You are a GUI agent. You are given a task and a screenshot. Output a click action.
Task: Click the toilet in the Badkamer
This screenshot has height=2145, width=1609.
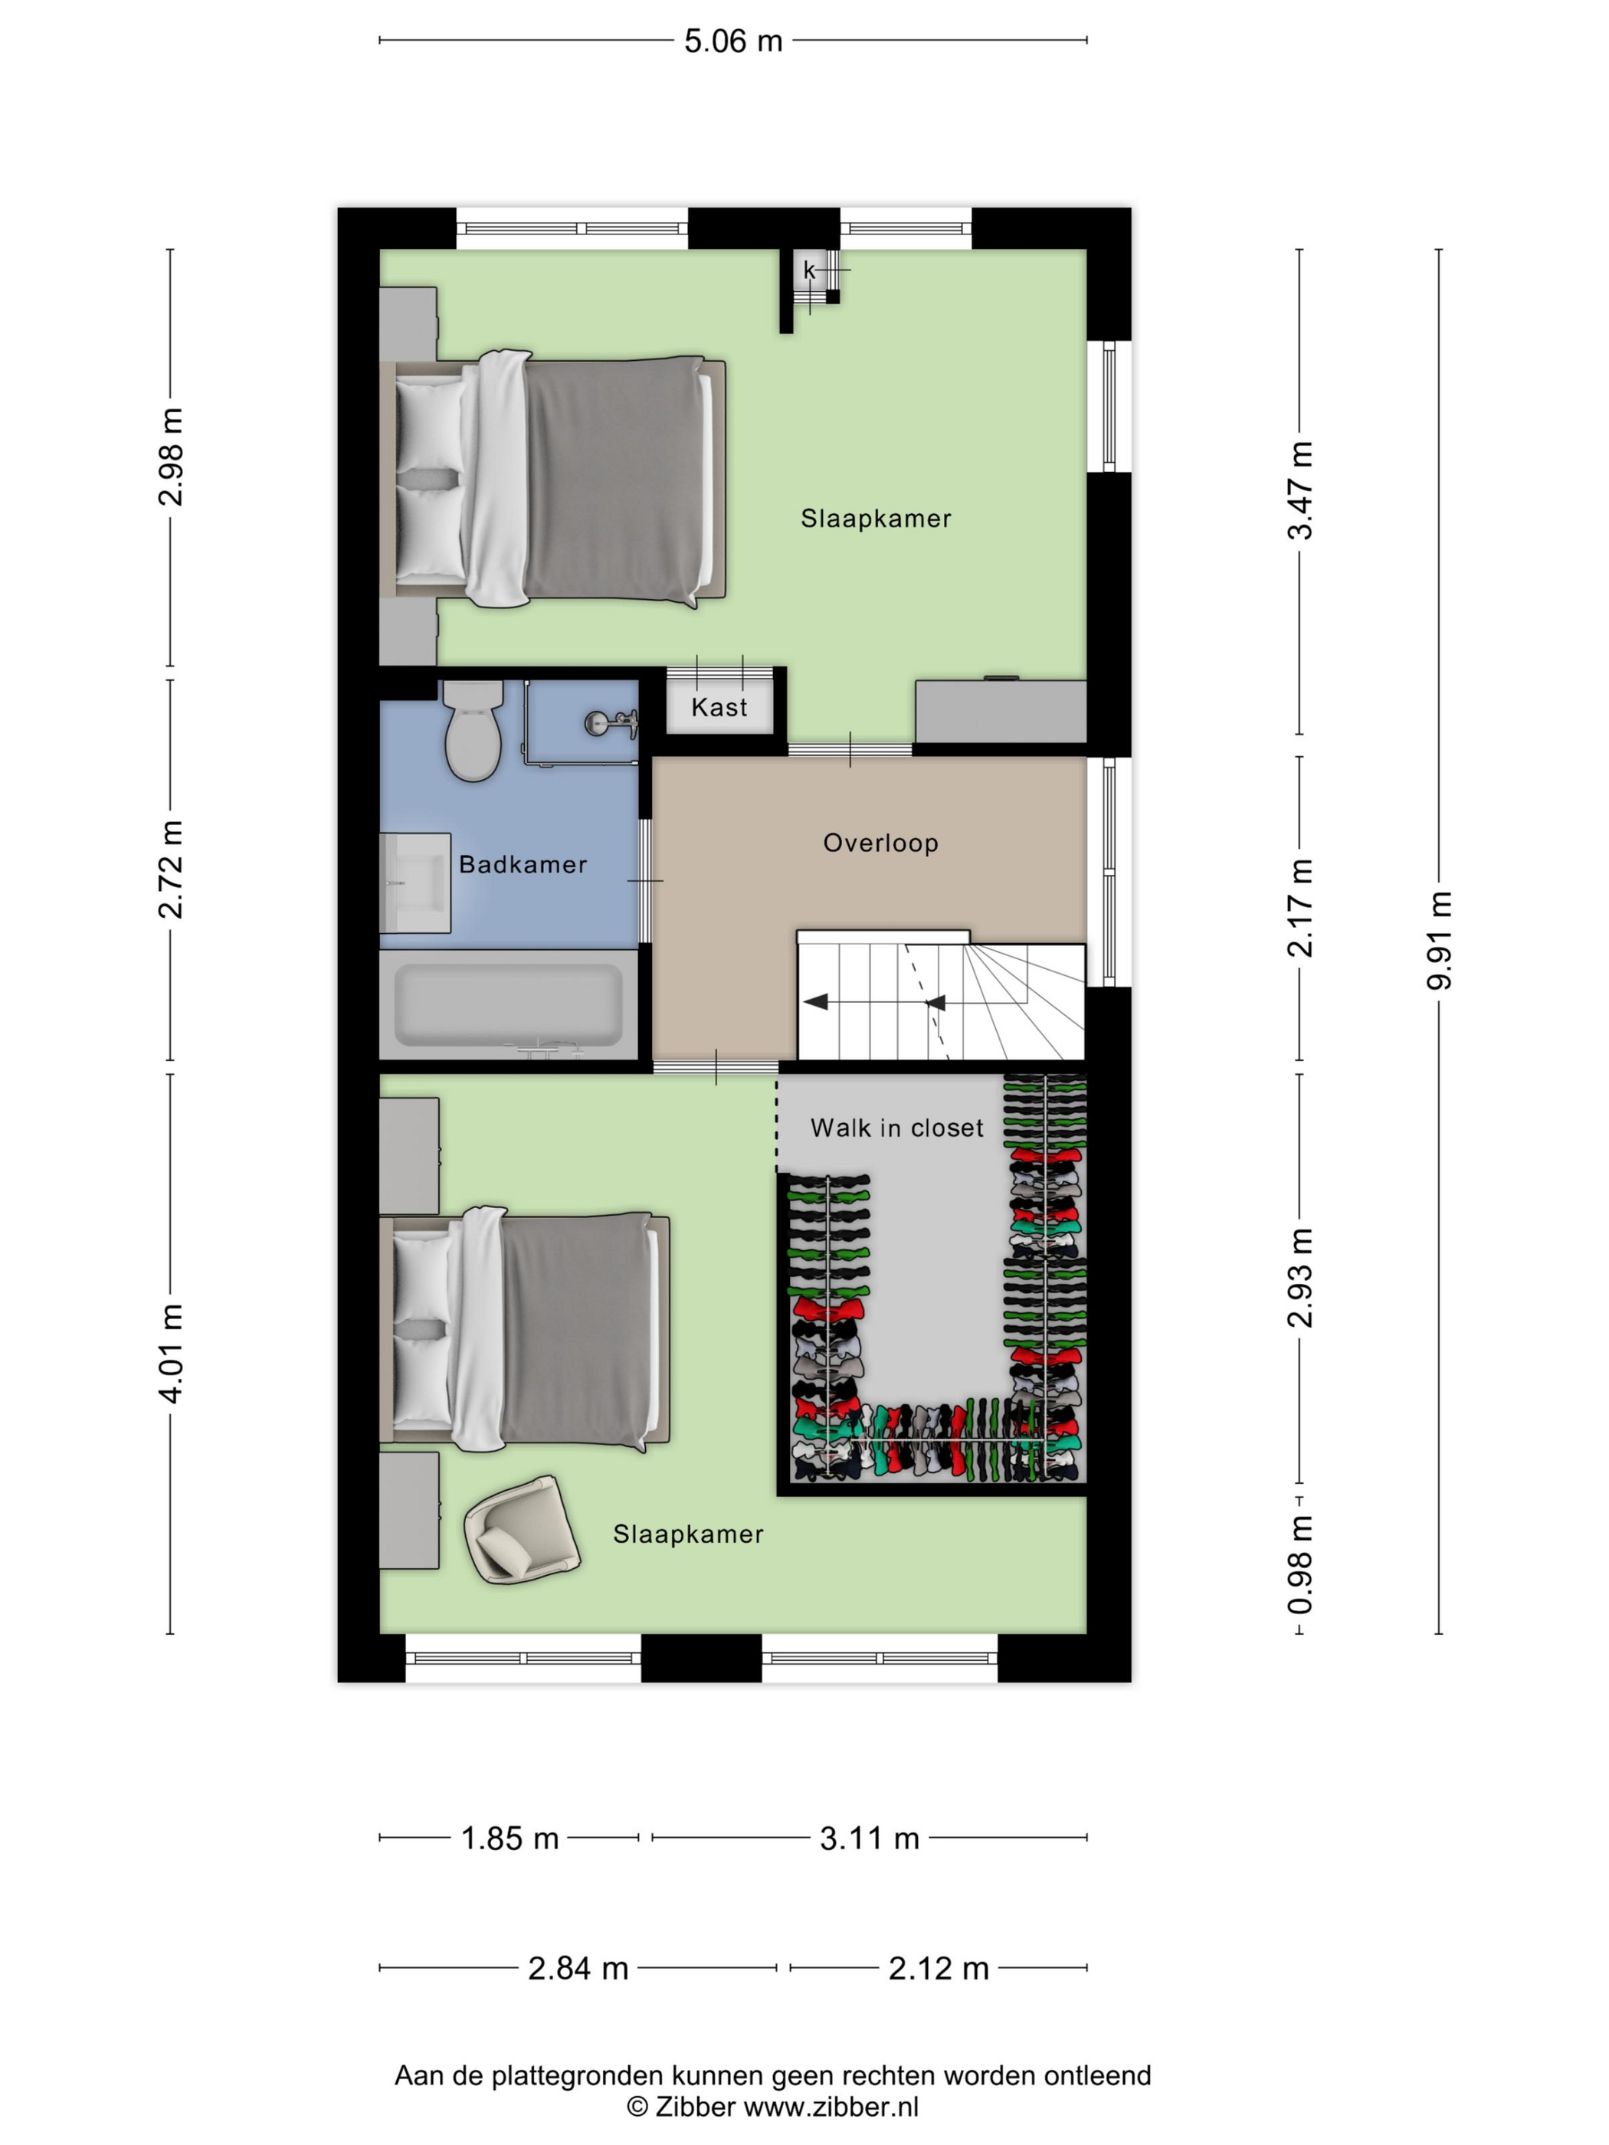click(x=474, y=729)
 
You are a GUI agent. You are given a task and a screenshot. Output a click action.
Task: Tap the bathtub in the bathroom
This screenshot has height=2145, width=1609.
click(x=508, y=1004)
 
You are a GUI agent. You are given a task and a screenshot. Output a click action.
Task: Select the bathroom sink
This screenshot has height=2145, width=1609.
click(x=415, y=883)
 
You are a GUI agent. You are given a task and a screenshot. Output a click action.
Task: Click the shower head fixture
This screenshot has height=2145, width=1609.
click(x=611, y=722)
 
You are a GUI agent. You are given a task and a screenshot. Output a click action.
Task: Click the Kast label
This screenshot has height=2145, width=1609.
click(x=719, y=708)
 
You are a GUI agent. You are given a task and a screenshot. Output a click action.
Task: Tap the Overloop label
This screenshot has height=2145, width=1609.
click(x=880, y=843)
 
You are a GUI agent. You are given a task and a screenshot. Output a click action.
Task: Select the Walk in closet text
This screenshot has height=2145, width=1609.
click(x=896, y=1128)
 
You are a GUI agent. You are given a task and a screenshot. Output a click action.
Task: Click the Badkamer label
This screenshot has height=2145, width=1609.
click(x=523, y=864)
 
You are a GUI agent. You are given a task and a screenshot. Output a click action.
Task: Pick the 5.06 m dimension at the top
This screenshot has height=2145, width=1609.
click(x=733, y=41)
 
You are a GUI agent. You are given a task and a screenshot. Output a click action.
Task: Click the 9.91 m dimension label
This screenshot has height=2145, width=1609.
click(x=1439, y=941)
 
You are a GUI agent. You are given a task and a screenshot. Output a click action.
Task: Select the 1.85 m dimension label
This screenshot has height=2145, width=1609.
click(x=510, y=1838)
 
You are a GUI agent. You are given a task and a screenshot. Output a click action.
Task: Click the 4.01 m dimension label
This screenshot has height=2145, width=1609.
click(x=171, y=1353)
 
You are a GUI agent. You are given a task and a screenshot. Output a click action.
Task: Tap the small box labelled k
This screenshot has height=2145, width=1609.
click(x=809, y=271)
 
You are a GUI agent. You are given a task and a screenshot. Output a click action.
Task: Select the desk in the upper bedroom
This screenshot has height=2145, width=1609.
click(x=1001, y=711)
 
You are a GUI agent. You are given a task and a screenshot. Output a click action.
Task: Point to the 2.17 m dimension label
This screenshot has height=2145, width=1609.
click(x=1300, y=909)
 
